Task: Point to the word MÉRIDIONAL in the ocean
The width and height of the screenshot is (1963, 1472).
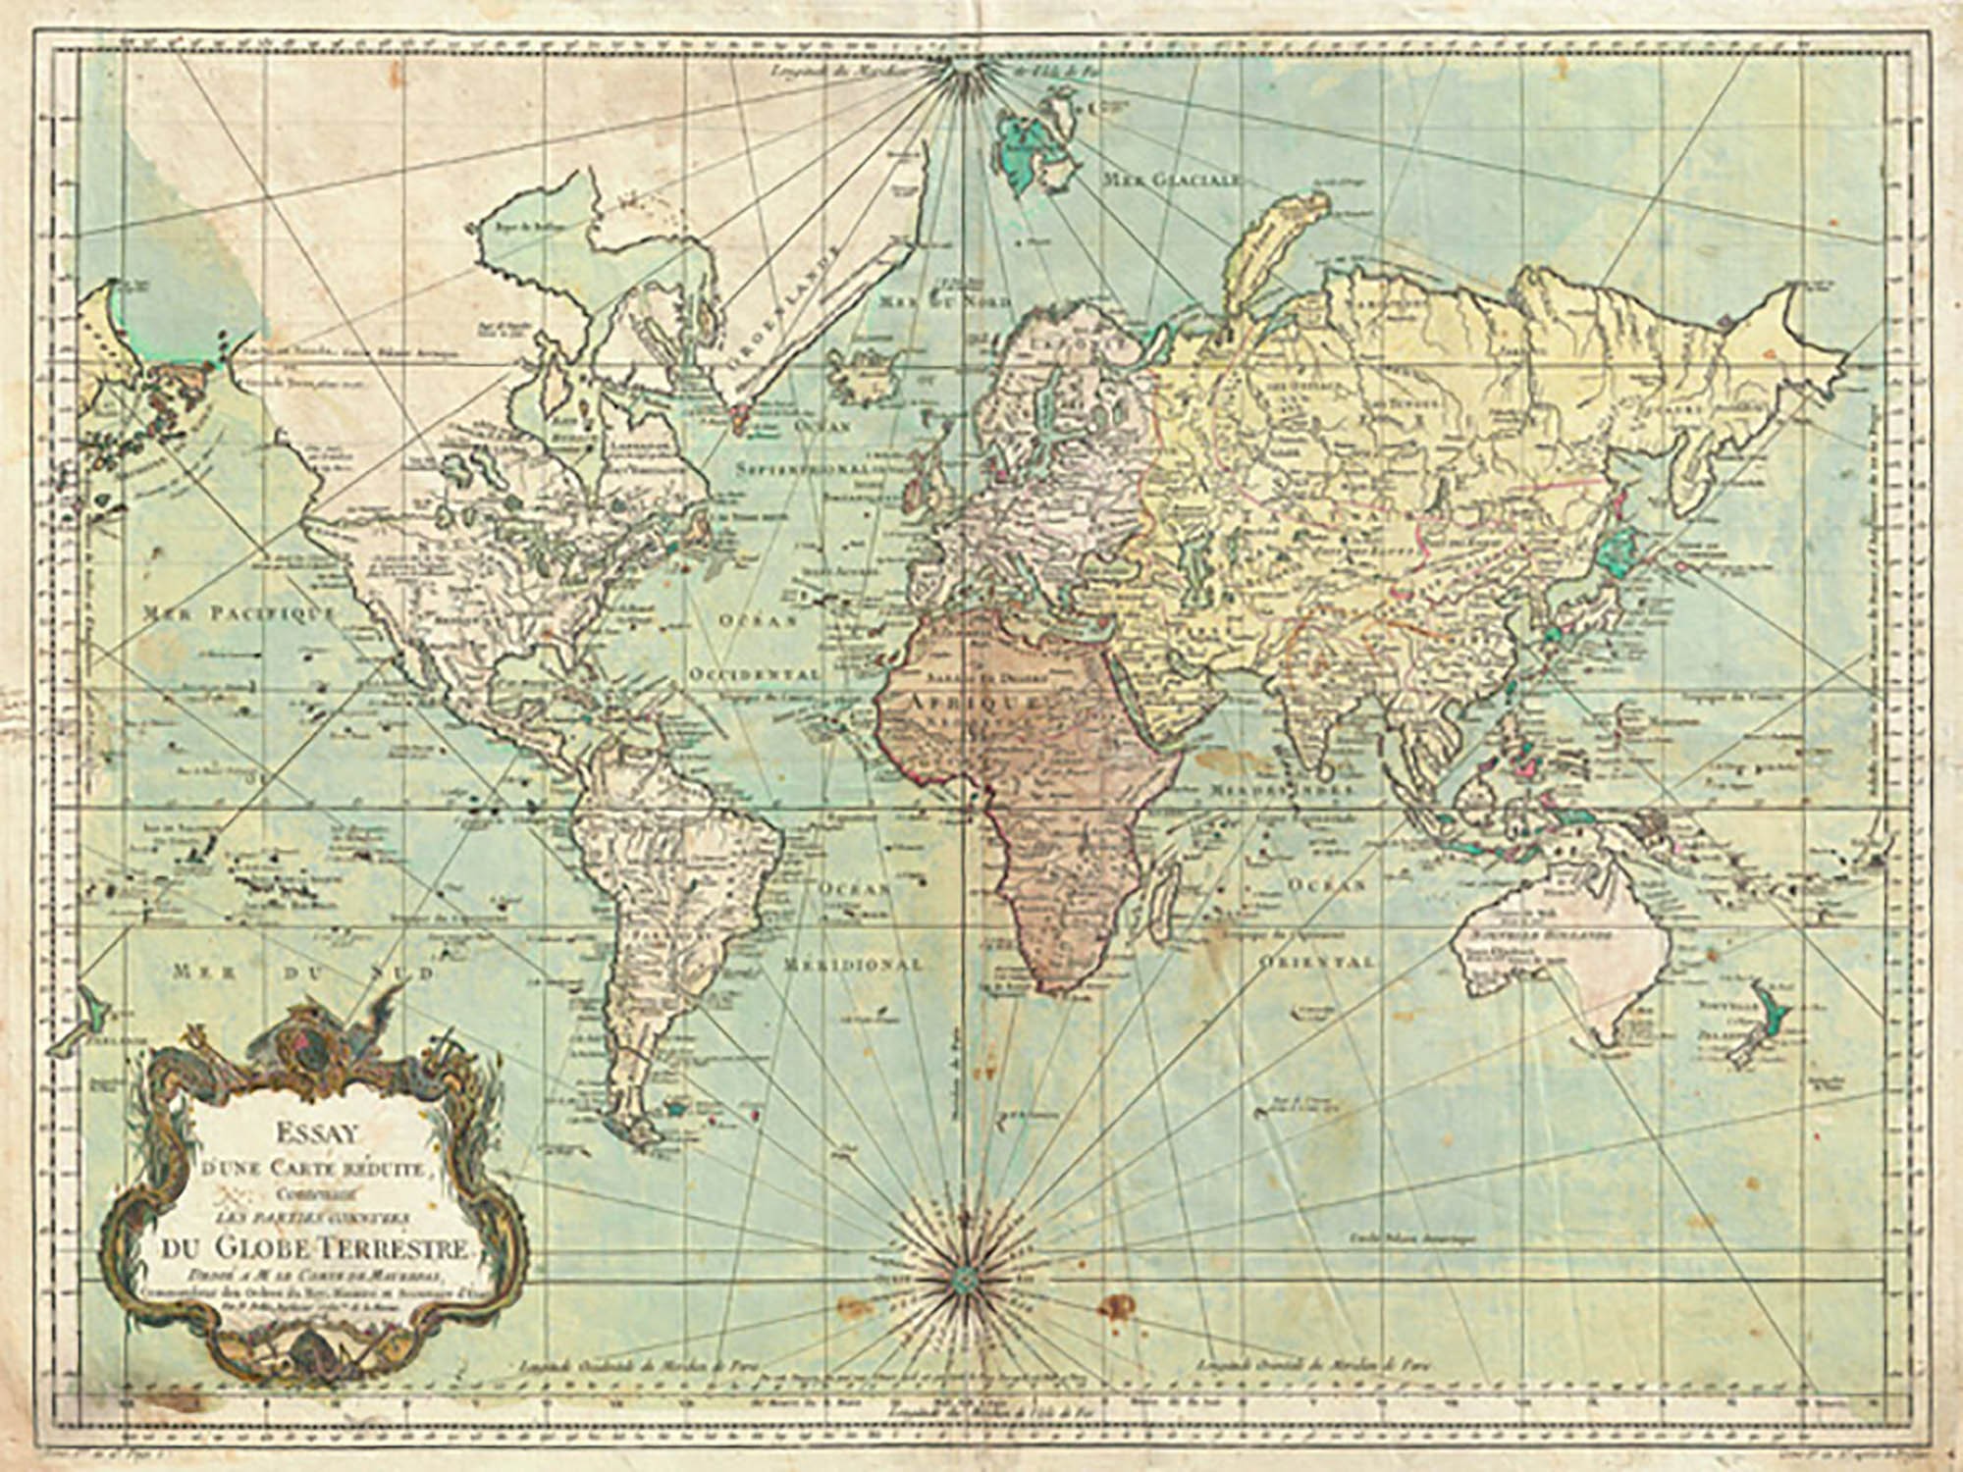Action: coord(852,964)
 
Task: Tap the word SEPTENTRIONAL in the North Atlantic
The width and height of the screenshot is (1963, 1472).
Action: coord(803,468)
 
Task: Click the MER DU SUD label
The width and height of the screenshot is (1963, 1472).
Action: coord(302,972)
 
